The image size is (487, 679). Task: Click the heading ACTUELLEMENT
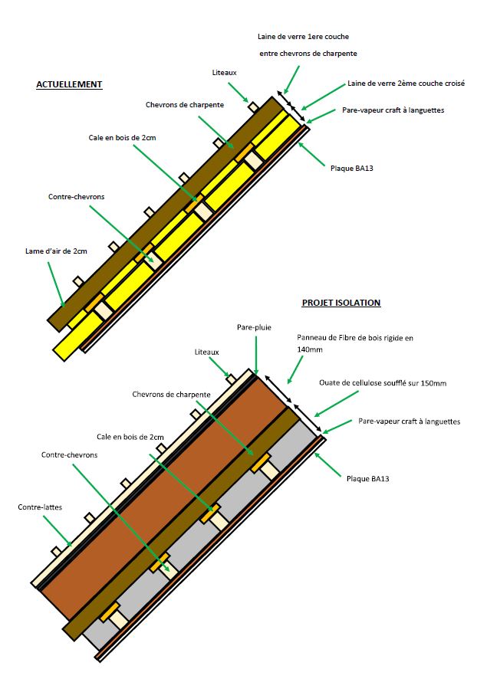click(68, 84)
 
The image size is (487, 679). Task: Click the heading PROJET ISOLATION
click(341, 303)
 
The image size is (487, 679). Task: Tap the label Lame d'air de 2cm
click(55, 251)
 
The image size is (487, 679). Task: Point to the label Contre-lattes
click(41, 507)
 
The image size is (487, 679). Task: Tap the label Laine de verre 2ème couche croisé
click(406, 84)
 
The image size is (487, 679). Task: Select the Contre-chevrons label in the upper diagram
click(76, 197)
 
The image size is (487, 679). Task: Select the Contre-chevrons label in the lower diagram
click(69, 454)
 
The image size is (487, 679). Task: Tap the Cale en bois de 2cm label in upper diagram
click(122, 138)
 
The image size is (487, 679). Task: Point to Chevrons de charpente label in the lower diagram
click(171, 394)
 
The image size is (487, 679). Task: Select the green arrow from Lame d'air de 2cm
click(56, 284)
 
